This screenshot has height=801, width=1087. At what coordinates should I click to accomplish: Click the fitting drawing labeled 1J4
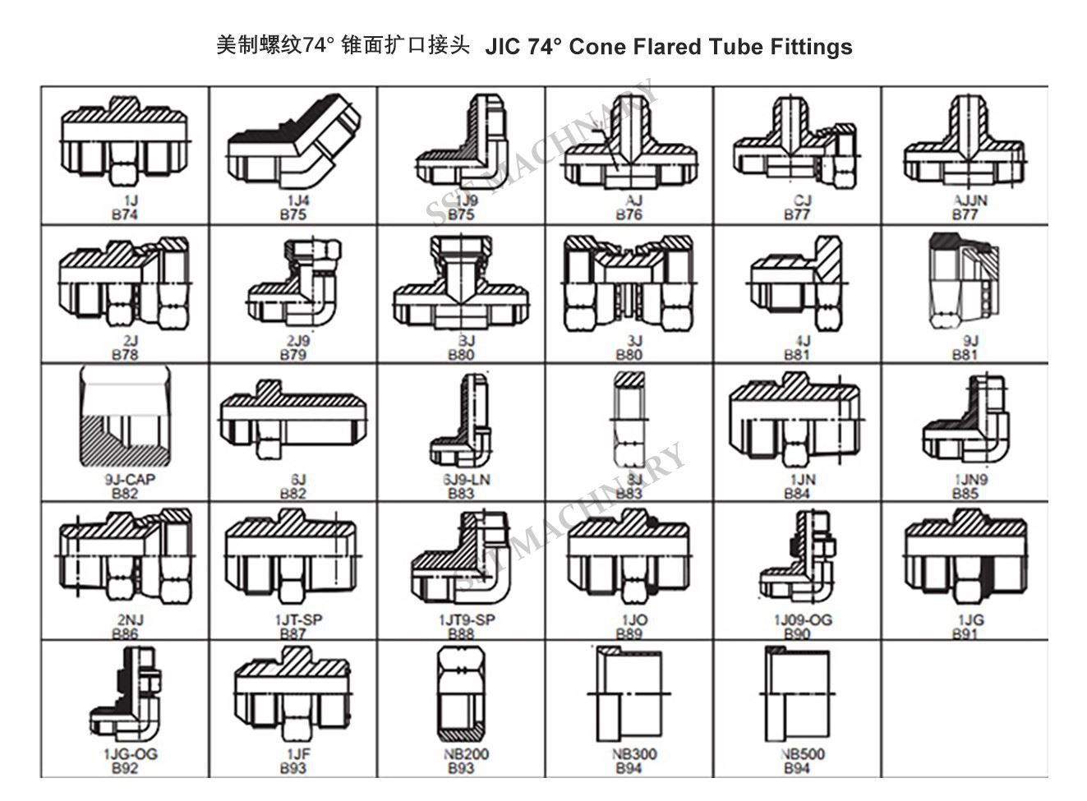pos(293,145)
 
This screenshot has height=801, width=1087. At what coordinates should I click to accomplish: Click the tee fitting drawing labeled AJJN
pos(964,145)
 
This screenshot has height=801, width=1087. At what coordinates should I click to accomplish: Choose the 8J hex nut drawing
pos(629,419)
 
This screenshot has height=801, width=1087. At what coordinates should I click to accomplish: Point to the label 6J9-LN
pos(461,480)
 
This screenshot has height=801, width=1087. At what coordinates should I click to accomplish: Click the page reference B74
pos(125,215)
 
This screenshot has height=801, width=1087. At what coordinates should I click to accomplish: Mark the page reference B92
pos(125,769)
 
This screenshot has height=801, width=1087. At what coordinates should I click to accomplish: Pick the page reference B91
pos(965,633)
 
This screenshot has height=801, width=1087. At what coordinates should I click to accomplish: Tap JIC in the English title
pos(502,47)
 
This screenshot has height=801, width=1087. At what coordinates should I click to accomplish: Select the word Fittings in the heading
pos(811,47)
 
